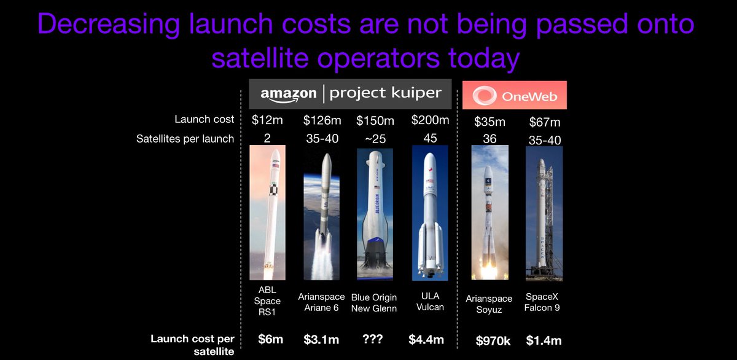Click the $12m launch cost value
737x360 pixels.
[x=267, y=121]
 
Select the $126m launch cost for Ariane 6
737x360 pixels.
[x=322, y=121]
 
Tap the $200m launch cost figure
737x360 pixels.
[x=431, y=121]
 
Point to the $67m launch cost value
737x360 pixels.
[x=544, y=123]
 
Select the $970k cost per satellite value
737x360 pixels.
[x=491, y=339]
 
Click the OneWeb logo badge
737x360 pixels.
[x=514, y=95]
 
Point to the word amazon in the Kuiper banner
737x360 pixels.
[x=287, y=94]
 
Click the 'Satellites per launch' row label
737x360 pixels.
[x=185, y=139]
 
